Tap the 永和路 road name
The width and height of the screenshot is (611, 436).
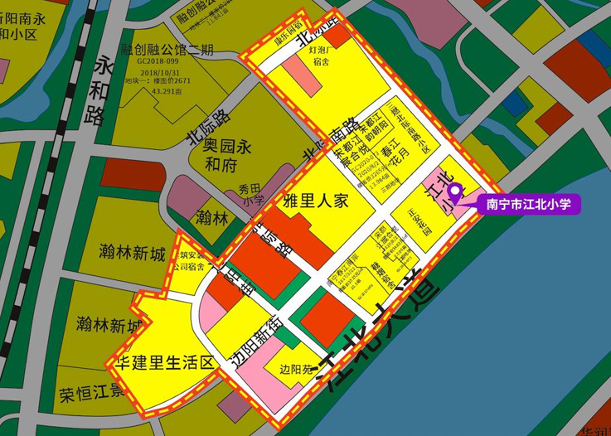97,91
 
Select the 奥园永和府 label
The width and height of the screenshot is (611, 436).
218,153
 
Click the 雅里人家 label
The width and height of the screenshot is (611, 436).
315,201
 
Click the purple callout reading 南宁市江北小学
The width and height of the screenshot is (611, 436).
528,204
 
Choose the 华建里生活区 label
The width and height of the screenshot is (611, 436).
165,362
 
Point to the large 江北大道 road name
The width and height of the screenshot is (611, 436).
377,330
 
